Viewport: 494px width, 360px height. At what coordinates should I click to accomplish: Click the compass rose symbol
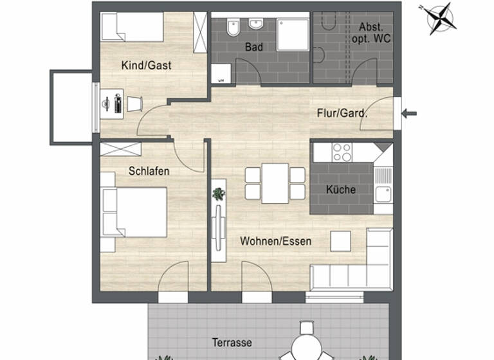(x=442, y=18)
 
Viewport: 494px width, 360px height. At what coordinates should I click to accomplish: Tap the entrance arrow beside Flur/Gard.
(x=409, y=114)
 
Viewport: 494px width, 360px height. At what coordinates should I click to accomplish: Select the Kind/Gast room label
(x=146, y=65)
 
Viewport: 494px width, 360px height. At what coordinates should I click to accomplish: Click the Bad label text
(x=254, y=47)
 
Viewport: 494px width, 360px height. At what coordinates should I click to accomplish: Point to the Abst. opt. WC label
(x=371, y=33)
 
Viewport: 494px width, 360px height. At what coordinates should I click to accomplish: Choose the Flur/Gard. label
(x=342, y=114)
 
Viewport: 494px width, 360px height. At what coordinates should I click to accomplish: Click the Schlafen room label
(x=149, y=171)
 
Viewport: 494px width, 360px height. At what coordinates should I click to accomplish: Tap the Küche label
(x=340, y=190)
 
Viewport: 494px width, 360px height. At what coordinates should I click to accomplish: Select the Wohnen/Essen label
(x=275, y=242)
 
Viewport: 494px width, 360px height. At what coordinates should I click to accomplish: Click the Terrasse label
(x=232, y=342)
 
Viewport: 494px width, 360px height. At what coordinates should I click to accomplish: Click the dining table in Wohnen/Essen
(x=275, y=183)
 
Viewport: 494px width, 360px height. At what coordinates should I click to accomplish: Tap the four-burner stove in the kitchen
(x=342, y=152)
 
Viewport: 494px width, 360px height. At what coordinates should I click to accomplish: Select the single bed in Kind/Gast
(x=133, y=27)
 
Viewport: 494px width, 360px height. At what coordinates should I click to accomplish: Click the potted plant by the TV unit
(x=219, y=194)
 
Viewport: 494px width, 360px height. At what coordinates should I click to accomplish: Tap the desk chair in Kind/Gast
(x=134, y=104)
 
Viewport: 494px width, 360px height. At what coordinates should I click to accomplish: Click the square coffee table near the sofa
(x=340, y=241)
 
